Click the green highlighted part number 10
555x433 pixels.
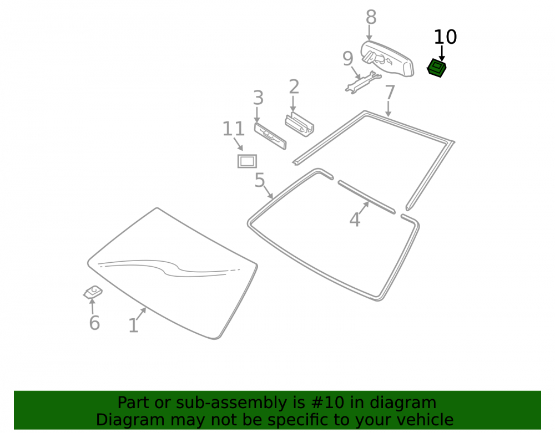[436, 68]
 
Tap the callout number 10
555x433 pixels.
[445, 37]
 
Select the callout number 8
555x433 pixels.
[371, 17]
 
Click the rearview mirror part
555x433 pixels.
[387, 58]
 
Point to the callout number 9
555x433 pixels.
[348, 59]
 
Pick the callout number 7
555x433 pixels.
[390, 93]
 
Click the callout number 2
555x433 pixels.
[294, 87]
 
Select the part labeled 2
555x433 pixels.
[300, 125]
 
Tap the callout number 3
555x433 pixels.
[259, 98]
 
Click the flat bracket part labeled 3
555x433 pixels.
[270, 136]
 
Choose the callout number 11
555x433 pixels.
[234, 129]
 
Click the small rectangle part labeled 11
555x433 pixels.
[247, 161]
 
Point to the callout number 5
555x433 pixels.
[260, 180]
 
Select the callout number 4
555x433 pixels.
[355, 220]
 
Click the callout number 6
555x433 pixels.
[94, 323]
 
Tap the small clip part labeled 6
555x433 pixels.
[93, 292]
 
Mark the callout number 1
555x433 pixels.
[133, 326]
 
